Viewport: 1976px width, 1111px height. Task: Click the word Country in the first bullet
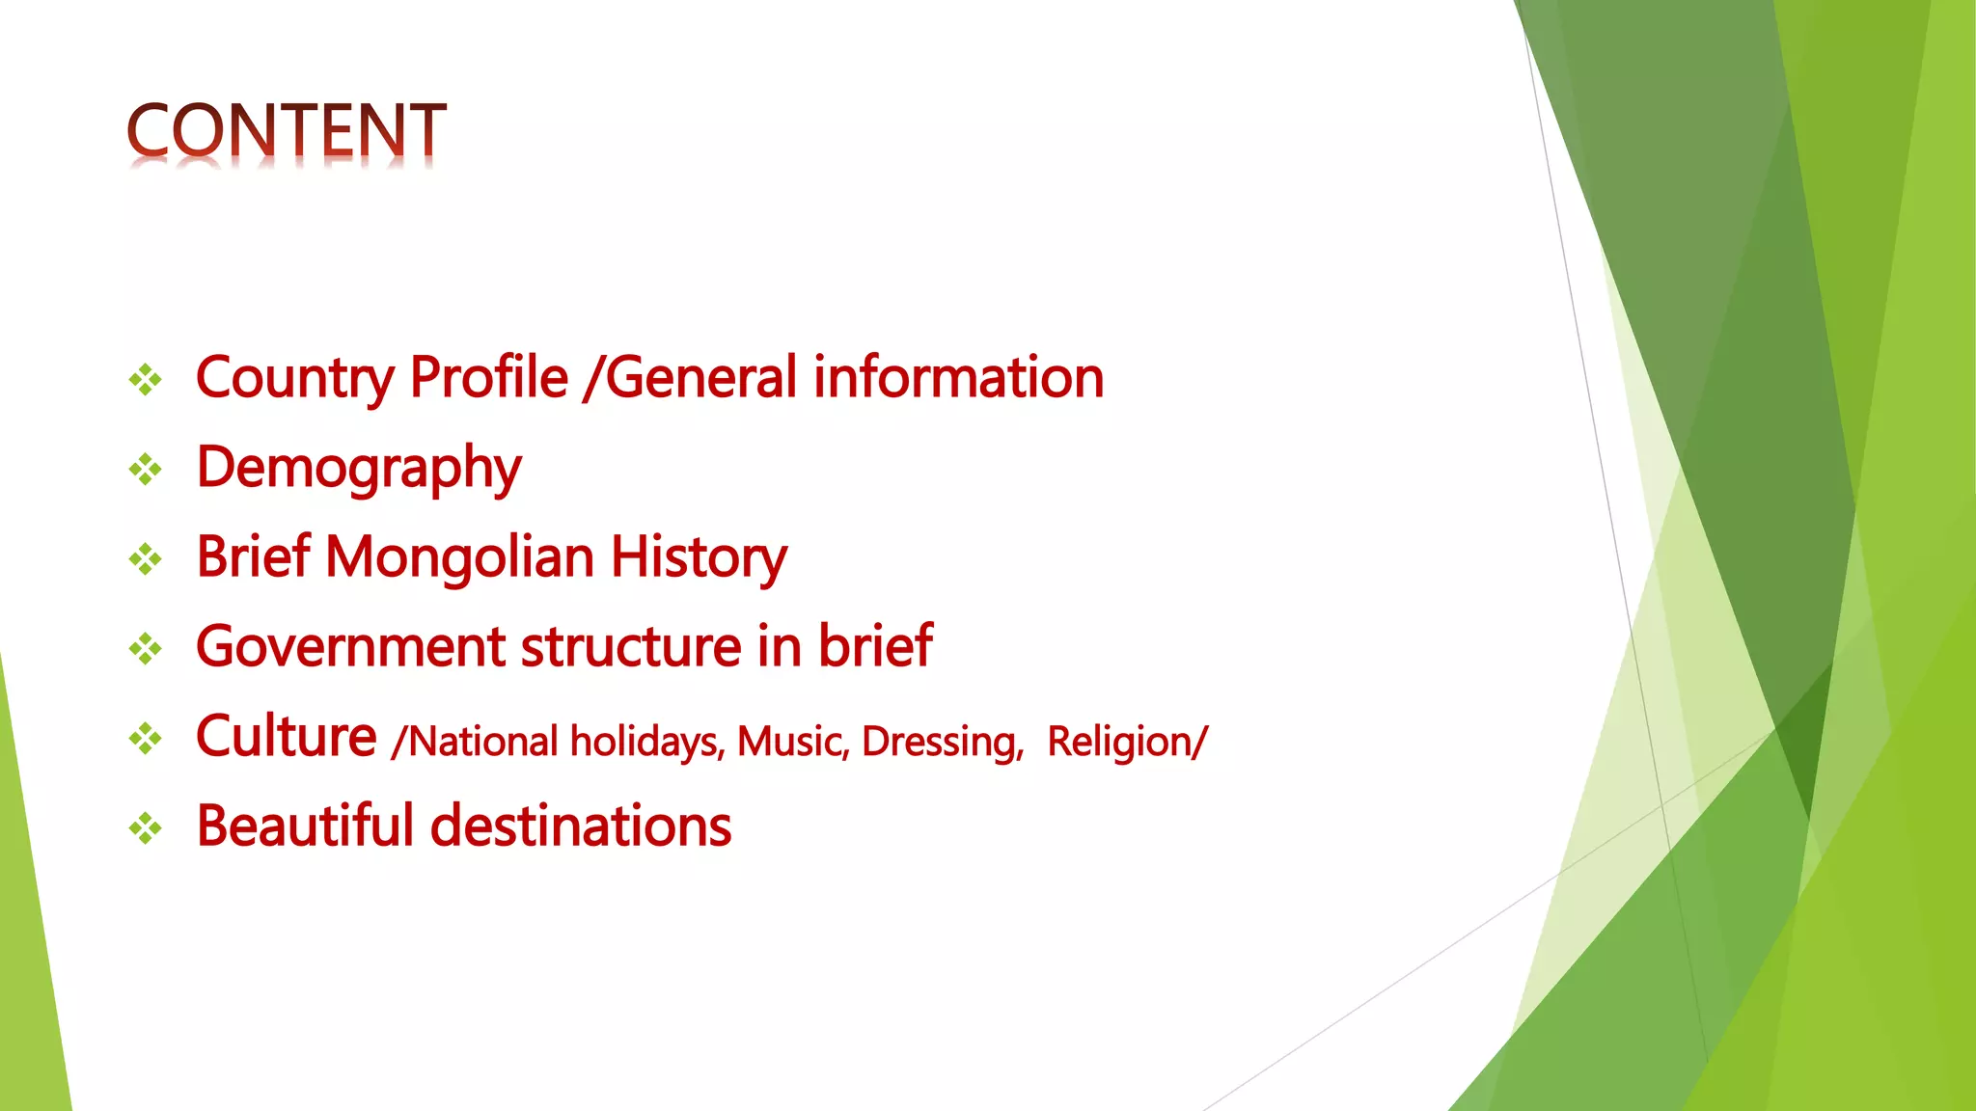click(x=294, y=377)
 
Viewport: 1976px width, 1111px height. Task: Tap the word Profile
click(x=488, y=377)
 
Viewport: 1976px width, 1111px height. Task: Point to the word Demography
click(x=358, y=469)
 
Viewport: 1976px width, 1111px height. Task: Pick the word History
click(x=699, y=557)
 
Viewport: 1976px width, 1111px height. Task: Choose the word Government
click(x=350, y=646)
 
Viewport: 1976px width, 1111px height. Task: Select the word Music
click(x=792, y=742)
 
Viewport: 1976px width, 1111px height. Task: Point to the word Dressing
click(x=942, y=742)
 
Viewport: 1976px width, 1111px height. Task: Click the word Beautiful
click(x=304, y=826)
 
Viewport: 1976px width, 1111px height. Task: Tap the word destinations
click(x=580, y=826)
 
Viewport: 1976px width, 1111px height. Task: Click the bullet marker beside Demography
click(x=146, y=470)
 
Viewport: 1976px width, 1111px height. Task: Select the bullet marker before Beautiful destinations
click(x=146, y=827)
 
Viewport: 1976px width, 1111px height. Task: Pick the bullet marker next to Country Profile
click(x=146, y=380)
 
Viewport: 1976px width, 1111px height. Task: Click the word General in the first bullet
click(x=701, y=377)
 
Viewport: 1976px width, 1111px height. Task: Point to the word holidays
click(x=645, y=742)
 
